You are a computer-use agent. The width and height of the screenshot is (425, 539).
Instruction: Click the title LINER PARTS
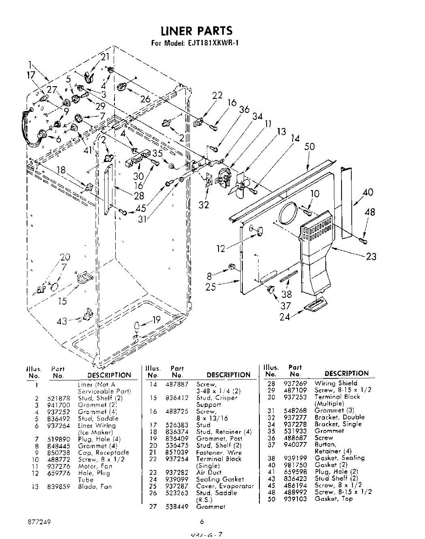[197, 31]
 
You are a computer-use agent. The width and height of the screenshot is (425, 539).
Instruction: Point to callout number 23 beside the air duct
[371, 256]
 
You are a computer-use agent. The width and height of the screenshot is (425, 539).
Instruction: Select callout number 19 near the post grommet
[156, 320]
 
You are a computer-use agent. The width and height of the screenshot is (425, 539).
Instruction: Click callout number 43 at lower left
[62, 321]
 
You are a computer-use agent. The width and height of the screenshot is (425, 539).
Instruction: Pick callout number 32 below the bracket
[204, 205]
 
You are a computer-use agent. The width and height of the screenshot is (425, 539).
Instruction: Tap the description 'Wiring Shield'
[336, 383]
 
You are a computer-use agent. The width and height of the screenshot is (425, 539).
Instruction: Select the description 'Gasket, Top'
[333, 499]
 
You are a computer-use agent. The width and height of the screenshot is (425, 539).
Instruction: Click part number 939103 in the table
[295, 499]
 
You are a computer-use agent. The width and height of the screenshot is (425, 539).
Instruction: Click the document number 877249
[39, 522]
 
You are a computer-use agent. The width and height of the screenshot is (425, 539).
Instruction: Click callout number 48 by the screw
[370, 212]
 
